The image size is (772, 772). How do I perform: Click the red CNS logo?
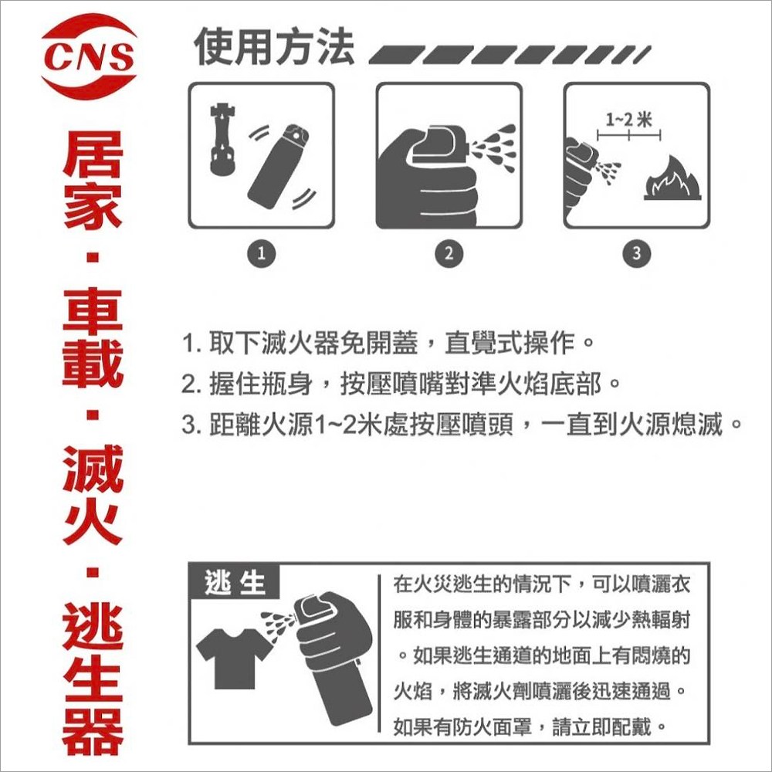click(x=89, y=56)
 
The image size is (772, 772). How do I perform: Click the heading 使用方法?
click(x=274, y=47)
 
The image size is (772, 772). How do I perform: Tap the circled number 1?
click(x=262, y=253)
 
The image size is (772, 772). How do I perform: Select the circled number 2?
click(x=449, y=253)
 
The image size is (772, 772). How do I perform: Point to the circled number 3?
click(x=637, y=253)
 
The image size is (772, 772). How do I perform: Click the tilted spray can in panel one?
click(x=279, y=167)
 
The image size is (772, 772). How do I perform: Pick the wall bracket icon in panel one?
click(x=222, y=140)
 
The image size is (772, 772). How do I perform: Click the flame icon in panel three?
click(x=672, y=179)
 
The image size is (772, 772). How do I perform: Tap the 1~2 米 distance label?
click(x=628, y=119)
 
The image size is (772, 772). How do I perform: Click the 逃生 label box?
click(x=235, y=582)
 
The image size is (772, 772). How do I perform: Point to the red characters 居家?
click(x=92, y=180)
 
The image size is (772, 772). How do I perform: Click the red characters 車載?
click(x=92, y=338)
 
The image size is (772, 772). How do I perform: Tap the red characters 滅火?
click(x=92, y=494)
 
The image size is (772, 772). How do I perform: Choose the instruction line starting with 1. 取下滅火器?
click(x=388, y=343)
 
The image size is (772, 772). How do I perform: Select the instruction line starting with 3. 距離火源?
click(x=462, y=425)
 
